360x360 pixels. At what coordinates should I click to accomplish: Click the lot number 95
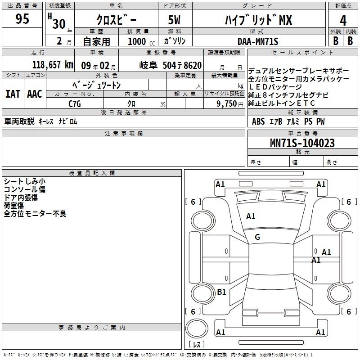[22, 18]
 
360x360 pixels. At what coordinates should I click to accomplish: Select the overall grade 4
[343, 21]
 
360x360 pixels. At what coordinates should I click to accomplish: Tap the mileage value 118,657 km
[53, 65]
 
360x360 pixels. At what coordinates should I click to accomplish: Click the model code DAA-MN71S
[258, 41]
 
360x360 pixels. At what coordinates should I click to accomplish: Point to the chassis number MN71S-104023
[302, 143]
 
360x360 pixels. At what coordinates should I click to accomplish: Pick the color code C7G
[75, 104]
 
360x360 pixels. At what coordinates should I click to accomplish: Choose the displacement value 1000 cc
[141, 41]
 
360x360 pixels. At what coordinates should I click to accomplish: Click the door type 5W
[174, 20]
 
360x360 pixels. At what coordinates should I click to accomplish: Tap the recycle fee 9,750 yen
[230, 104]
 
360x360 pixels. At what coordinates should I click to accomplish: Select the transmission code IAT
[13, 94]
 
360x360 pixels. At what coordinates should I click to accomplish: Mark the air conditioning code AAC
[35, 94]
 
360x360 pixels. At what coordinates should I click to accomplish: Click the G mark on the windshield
[257, 237]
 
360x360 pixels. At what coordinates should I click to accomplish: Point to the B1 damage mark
[221, 292]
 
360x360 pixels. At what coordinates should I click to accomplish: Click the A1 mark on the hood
[251, 216]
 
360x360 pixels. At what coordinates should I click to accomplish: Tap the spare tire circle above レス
[197, 328]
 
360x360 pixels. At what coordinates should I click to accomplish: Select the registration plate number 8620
[193, 65]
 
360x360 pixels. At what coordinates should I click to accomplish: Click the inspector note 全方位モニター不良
[35, 214]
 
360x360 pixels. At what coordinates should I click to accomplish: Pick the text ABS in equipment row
[258, 121]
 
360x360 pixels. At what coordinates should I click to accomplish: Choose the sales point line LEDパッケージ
[275, 87]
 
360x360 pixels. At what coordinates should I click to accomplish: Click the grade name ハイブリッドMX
[258, 20]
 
